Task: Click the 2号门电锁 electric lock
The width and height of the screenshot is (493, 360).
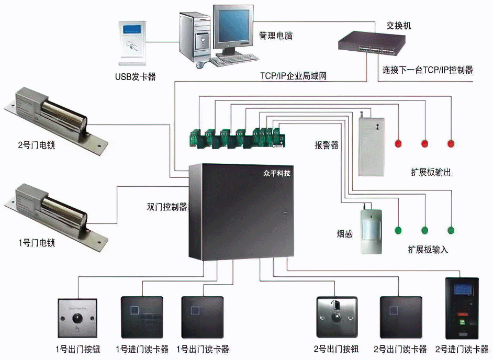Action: tap(54, 117)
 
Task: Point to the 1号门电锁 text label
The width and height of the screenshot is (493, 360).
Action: tap(37, 243)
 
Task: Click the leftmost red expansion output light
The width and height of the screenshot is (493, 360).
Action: tap(398, 143)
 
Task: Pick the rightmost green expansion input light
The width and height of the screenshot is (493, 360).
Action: tap(451, 230)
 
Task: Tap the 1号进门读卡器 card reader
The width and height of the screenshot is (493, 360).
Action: tap(142, 317)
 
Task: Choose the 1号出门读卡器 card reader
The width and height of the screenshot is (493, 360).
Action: tap(203, 317)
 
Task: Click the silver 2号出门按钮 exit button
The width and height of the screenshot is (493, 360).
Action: tap(337, 317)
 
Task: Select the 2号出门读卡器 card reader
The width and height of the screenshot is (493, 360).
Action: tap(401, 317)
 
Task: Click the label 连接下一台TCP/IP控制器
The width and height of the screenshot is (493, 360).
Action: tap(428, 70)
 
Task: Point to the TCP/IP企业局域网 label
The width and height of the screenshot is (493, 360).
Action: tap(294, 76)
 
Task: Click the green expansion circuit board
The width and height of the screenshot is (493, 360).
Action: tap(239, 136)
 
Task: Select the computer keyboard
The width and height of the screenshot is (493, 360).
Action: tap(234, 60)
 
